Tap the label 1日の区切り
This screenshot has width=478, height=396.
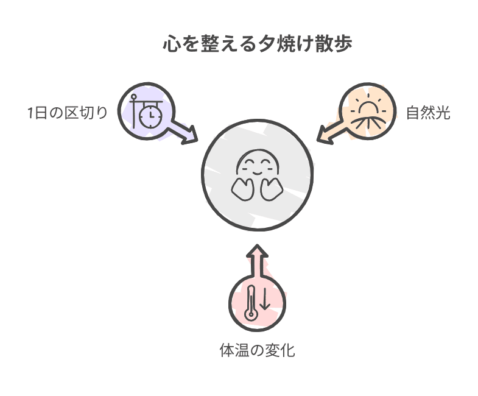coord(67,113)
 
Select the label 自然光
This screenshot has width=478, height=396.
coord(427,113)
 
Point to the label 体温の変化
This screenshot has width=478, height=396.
coord(257,350)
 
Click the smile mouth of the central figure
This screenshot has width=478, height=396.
coord(257,170)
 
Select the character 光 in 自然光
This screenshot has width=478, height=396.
coord(443,113)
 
